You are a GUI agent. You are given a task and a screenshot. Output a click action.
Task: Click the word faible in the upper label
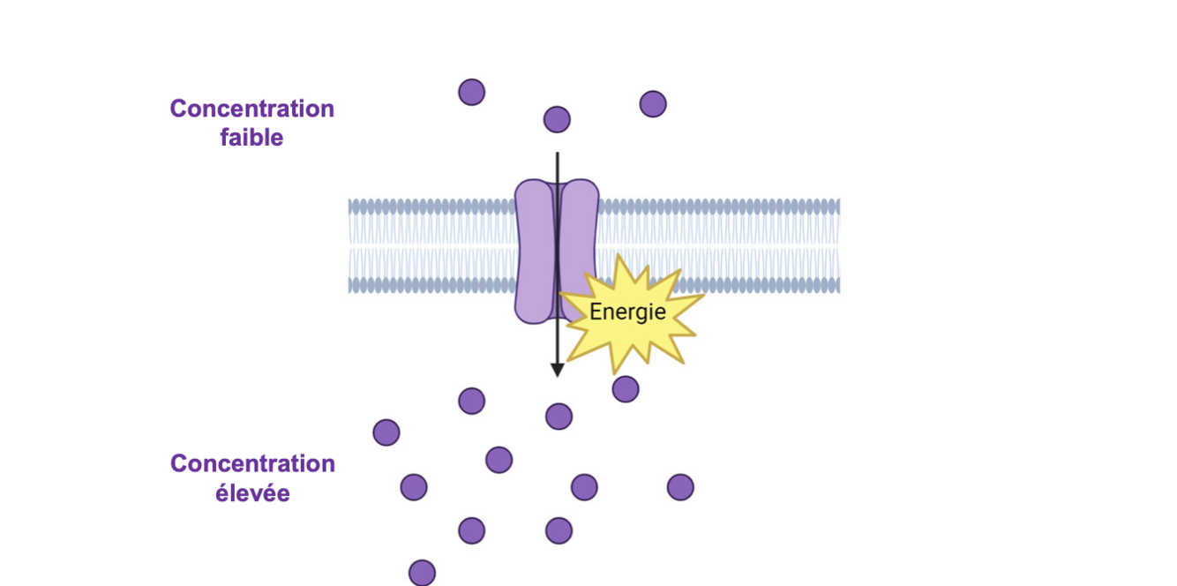click(x=251, y=138)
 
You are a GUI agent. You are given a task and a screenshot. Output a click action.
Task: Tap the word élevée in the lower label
click(x=252, y=493)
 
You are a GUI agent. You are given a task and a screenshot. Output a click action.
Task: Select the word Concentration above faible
click(x=252, y=109)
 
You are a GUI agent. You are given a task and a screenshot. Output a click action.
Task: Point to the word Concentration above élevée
click(x=252, y=464)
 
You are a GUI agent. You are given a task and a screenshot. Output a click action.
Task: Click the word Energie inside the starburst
click(x=627, y=312)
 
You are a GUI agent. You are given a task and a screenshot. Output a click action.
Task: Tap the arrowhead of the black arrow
click(x=557, y=369)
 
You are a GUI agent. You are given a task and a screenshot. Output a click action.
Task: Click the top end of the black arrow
click(x=557, y=155)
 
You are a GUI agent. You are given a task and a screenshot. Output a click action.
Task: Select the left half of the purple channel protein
click(x=533, y=252)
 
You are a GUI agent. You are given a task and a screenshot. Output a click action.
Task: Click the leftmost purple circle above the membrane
click(x=472, y=92)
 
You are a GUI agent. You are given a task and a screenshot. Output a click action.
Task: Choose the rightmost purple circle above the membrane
click(x=653, y=104)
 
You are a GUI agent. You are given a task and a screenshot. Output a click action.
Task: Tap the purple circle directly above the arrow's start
click(x=557, y=119)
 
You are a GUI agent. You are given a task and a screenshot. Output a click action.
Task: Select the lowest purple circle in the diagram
click(x=422, y=573)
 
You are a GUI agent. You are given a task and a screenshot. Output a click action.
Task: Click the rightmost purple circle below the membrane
click(x=680, y=487)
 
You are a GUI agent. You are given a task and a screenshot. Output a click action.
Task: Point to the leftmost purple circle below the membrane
click(x=386, y=432)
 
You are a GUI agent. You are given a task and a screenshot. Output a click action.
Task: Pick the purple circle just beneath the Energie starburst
click(x=626, y=389)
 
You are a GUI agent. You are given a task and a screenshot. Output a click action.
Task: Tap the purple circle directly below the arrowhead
click(x=559, y=417)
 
